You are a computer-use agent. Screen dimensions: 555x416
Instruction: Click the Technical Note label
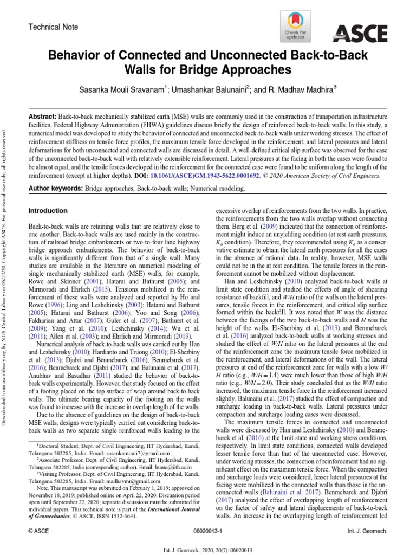click(x=53, y=27)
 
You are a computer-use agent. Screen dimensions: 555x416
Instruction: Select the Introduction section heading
click(x=48, y=211)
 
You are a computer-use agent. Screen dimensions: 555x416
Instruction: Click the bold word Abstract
click(x=42, y=117)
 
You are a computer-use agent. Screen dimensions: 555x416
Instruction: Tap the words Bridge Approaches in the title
click(x=236, y=70)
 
